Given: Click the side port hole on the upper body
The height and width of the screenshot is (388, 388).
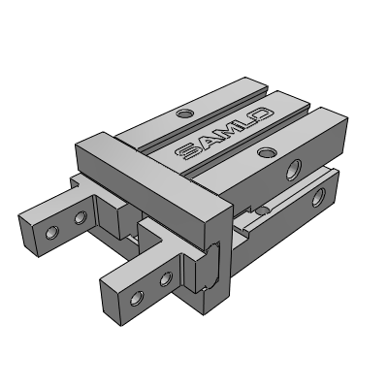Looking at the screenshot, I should point(292,173).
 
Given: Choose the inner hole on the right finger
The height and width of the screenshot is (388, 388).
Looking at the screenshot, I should point(166,280).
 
